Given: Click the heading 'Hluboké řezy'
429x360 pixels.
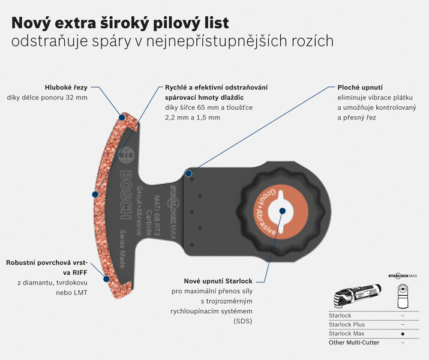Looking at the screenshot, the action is [66, 88].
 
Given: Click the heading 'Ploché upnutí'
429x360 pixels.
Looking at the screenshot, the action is [360, 88].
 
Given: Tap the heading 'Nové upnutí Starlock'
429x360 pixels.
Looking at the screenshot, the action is [218, 281].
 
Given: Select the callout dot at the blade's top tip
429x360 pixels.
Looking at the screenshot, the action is [122, 118].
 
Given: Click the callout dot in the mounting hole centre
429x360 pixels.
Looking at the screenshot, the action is [283, 211].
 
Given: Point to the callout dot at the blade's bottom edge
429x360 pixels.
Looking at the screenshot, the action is [106, 279].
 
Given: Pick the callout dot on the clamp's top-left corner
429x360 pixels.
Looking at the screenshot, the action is [188, 173].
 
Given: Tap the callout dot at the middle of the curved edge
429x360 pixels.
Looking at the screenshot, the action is [95, 194].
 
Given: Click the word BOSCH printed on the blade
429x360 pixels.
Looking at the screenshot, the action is [126, 195].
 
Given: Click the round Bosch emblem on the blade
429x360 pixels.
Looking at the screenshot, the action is [127, 155].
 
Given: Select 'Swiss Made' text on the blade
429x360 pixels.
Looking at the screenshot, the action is [122, 249].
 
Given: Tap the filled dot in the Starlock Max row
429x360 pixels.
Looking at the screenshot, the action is [403, 334].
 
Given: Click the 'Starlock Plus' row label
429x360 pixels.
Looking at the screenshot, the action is [347, 325].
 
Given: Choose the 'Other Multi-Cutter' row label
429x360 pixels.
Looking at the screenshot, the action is [354, 343].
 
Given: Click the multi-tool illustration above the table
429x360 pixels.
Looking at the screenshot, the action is [358, 296].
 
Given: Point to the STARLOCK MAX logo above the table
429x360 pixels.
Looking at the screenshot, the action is [403, 276].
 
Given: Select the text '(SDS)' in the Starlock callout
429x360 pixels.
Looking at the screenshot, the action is [242, 321].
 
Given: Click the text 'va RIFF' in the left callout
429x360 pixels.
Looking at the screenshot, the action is [75, 273].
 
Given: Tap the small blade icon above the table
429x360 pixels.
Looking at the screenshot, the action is [403, 296].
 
